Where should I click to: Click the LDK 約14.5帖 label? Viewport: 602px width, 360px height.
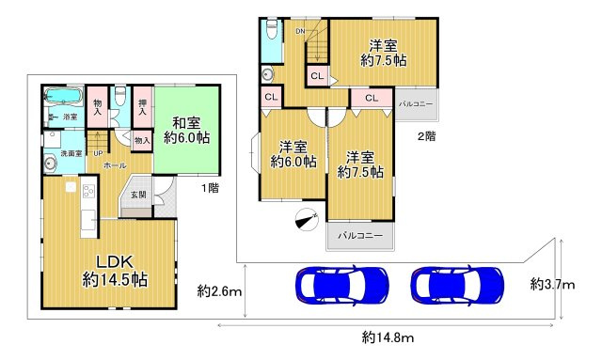click(114, 269)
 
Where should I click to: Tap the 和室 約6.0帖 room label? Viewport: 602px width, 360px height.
click(186, 130)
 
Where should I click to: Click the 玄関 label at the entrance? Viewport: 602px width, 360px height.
click(137, 195)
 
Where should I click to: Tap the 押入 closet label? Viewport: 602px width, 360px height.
click(141, 104)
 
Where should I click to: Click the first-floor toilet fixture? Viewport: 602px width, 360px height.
click(120, 96)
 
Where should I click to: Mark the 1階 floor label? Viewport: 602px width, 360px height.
click(209, 188)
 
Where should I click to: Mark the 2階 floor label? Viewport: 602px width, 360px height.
click(426, 136)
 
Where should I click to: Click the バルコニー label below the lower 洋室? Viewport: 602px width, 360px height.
click(360, 236)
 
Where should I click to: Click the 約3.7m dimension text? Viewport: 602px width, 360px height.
click(551, 283)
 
